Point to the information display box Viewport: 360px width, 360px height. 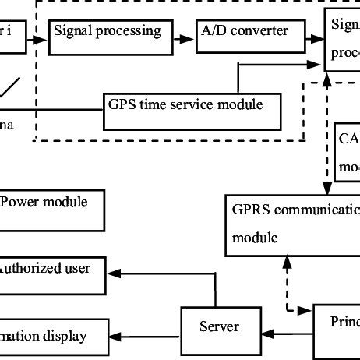click(x=51, y=337)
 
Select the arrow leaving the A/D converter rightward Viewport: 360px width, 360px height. click(x=312, y=37)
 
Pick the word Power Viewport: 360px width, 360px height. click(x=19, y=203)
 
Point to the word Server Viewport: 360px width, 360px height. click(x=219, y=326)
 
